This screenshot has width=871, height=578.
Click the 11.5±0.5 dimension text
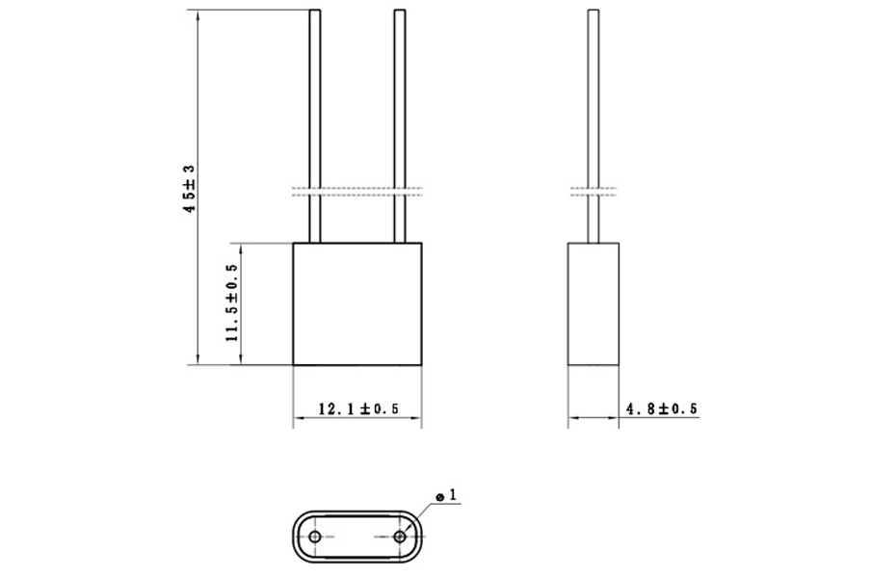click(x=231, y=303)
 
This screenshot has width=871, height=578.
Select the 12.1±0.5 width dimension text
click(x=358, y=408)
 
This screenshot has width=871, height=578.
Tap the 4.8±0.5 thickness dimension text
click(x=661, y=408)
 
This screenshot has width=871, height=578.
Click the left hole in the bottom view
click(x=315, y=536)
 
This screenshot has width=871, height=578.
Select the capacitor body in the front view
click(x=357, y=303)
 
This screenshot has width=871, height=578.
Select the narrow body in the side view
click(x=593, y=303)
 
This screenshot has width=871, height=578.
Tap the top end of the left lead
click(x=315, y=13)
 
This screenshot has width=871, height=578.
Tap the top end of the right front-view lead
click(x=399, y=13)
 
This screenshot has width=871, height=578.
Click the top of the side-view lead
click(x=593, y=13)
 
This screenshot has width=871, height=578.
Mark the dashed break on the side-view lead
click(x=593, y=190)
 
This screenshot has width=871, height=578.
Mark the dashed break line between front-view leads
click(x=357, y=190)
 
